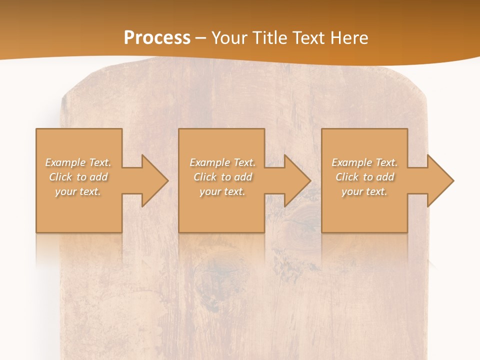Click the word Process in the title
pyautogui.click(x=157, y=38)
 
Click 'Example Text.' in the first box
pyautogui.click(x=78, y=162)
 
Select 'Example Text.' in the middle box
pyautogui.click(x=222, y=162)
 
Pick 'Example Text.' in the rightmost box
pyautogui.click(x=364, y=162)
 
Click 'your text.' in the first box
pyautogui.click(x=78, y=191)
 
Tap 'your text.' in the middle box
pyautogui.click(x=222, y=191)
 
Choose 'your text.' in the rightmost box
pyautogui.click(x=364, y=191)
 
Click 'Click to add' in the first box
pyautogui.click(x=78, y=177)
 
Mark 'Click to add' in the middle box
pyautogui.click(x=222, y=177)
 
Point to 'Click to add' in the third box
pyautogui.click(x=364, y=177)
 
